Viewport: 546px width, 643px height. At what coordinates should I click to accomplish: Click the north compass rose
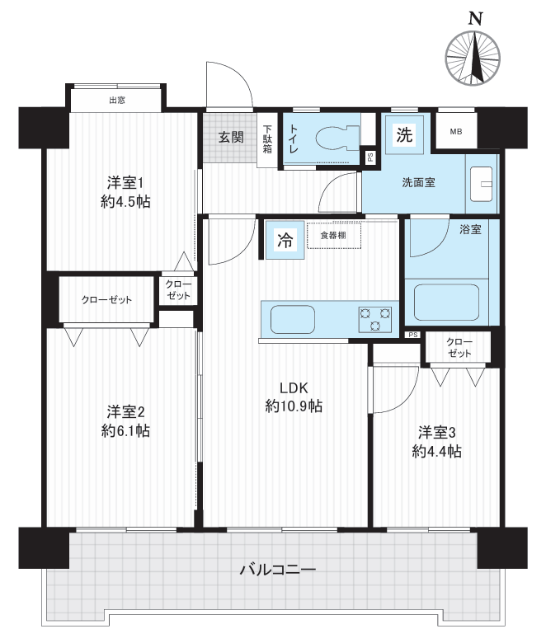473,59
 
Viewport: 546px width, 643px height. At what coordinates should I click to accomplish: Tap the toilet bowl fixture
337,138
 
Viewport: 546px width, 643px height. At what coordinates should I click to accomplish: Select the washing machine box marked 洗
404,134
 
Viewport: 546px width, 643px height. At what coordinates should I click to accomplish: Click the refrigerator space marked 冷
285,240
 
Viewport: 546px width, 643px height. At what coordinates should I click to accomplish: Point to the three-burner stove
375,320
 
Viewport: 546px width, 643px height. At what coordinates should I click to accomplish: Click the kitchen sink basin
293,320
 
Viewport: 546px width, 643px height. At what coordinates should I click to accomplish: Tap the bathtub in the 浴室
446,303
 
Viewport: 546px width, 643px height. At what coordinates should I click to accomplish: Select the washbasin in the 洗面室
481,184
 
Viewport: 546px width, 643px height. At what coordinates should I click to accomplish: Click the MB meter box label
456,132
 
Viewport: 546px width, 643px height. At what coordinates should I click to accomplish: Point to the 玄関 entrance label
231,138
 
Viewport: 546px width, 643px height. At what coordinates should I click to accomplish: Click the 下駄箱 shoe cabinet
267,140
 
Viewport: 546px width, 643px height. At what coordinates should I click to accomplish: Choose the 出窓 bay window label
117,100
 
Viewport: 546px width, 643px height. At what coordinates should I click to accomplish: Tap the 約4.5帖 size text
125,202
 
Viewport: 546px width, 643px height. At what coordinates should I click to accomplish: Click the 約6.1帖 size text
125,431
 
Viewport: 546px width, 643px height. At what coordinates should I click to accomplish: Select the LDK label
294,387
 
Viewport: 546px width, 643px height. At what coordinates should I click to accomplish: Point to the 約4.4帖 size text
437,452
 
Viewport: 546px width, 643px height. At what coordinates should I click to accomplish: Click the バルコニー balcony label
278,570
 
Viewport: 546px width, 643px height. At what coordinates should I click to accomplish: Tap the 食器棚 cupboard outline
334,236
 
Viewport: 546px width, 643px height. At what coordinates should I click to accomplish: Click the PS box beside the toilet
369,157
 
